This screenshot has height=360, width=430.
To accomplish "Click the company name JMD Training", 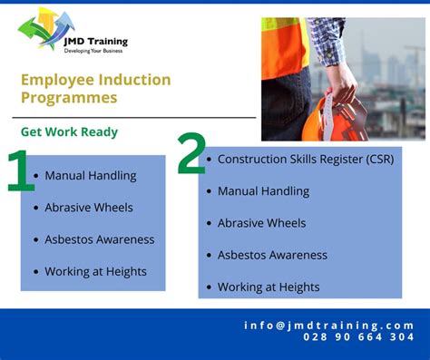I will click(x=96, y=41).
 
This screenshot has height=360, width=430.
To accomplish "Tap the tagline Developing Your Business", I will click(x=95, y=51).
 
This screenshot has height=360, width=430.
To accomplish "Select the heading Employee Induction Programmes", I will click(x=95, y=88).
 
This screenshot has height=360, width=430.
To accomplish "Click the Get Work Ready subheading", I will click(x=69, y=131).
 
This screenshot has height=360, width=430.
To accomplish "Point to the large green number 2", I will click(x=191, y=154).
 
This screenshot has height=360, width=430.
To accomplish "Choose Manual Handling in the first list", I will click(x=91, y=176).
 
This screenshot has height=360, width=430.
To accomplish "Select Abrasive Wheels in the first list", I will click(x=89, y=208).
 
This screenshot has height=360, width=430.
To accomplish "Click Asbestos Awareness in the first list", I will click(x=100, y=239).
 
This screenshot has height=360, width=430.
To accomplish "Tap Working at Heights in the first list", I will click(x=95, y=271).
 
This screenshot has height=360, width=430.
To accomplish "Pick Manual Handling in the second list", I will click(x=263, y=191).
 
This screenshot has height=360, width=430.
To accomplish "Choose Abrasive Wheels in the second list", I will click(x=261, y=223).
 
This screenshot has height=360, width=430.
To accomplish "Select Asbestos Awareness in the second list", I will click(x=272, y=255).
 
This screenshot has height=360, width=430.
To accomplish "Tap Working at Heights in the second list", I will click(x=269, y=287).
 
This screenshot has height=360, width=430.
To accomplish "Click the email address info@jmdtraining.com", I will click(x=328, y=325).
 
